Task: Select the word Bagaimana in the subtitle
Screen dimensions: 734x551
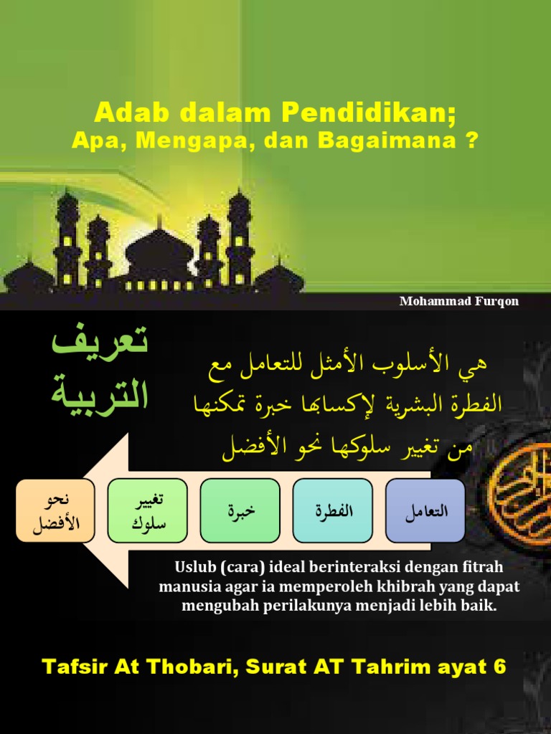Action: coord(386,140)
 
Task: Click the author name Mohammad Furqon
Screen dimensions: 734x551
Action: coord(458,301)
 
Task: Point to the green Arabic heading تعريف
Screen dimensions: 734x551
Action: coord(100,345)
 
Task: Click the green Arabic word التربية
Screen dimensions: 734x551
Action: coord(100,394)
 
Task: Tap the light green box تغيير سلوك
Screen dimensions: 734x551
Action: coord(148,510)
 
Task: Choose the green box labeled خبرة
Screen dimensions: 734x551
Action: coord(240,510)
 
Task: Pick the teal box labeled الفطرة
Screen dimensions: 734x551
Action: coord(333,510)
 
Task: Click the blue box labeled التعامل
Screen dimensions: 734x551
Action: coord(425,510)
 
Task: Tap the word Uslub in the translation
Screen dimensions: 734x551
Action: coord(193,568)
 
